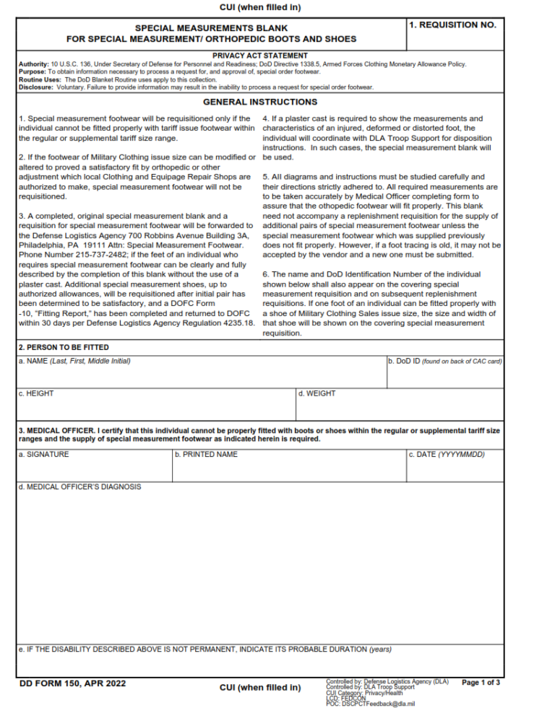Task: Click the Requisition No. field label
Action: coord(452,25)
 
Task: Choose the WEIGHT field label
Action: coord(317,393)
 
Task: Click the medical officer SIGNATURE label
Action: coord(44,454)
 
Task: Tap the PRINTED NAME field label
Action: coord(206,454)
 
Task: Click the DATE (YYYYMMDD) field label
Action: coord(446,454)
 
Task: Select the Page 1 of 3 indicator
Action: coord(481,682)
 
